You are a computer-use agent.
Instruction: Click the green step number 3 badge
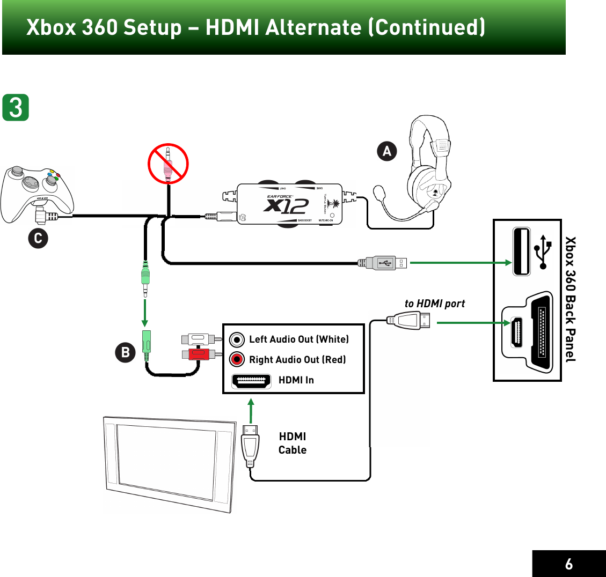tap(16, 107)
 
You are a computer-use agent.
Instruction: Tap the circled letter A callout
tap(386, 151)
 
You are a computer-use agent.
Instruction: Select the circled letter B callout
tap(126, 352)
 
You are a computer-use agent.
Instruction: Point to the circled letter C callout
tap(38, 238)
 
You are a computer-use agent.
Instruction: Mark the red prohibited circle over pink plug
tap(168, 164)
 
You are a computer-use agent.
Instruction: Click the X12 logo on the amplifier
tap(287, 205)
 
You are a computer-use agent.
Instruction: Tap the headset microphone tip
tap(379, 191)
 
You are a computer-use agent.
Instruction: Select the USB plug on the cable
tap(383, 263)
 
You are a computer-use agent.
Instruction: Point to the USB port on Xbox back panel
tap(521, 251)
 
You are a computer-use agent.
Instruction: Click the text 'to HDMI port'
tap(435, 304)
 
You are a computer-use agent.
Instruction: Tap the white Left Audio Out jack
tap(237, 340)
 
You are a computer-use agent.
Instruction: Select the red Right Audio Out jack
tap(237, 359)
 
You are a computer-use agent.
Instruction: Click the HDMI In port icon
tap(251, 381)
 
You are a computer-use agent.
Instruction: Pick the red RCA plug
tap(200, 354)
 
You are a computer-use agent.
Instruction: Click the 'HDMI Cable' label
tap(293, 443)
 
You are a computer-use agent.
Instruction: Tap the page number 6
tap(568, 564)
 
